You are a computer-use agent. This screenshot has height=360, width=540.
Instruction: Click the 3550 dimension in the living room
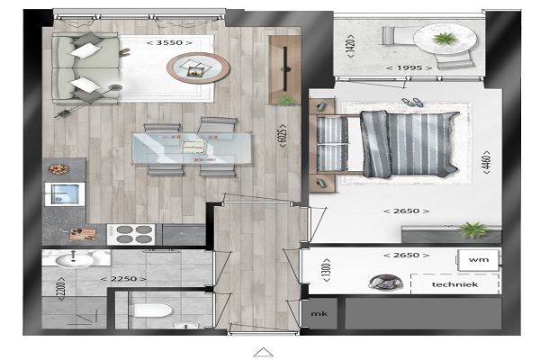click(x=169, y=42)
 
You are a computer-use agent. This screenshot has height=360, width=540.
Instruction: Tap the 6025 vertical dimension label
click(x=283, y=136)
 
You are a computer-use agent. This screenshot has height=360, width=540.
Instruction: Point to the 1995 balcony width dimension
click(x=409, y=67)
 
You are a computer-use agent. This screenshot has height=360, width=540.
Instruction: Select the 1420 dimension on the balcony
click(x=350, y=46)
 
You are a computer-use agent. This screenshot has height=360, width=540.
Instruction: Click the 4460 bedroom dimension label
click(x=486, y=162)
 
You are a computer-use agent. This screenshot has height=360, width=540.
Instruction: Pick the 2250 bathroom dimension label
click(x=123, y=279)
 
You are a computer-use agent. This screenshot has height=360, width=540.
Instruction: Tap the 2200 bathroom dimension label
click(x=61, y=289)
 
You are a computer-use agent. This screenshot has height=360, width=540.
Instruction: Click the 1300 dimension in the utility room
click(x=327, y=270)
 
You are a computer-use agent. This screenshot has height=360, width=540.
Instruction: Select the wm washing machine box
click(x=478, y=260)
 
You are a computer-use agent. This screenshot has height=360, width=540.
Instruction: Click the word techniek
click(x=454, y=284)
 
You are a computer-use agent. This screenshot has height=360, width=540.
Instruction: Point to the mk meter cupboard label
click(x=319, y=314)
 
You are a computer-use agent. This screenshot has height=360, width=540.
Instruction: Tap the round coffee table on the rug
click(x=198, y=67)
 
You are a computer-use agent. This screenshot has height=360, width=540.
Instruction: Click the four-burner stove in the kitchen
click(x=130, y=234)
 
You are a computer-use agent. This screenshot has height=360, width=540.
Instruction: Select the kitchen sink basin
click(x=65, y=193)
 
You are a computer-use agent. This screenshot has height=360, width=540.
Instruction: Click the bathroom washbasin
click(x=74, y=260)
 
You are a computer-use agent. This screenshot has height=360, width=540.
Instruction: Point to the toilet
click(x=153, y=310)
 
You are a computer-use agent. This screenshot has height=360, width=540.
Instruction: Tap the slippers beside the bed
click(x=412, y=102)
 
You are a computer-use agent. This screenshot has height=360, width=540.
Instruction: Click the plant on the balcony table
click(x=445, y=38)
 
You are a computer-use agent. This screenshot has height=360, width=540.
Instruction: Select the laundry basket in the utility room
click(x=385, y=282)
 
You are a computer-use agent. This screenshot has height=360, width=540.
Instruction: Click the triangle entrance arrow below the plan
click(x=264, y=352)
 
